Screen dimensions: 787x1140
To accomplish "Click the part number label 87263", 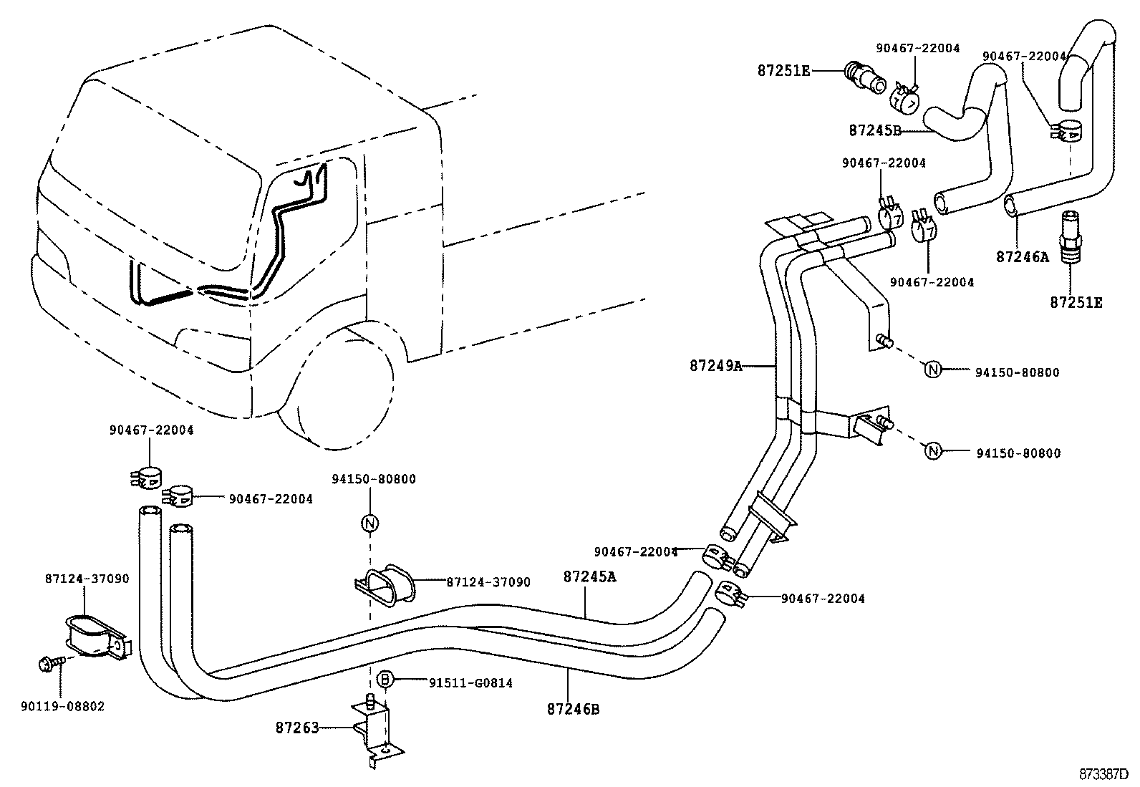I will pyautogui.click(x=296, y=728).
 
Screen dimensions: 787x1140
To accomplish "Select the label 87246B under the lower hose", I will pyautogui.click(x=573, y=710).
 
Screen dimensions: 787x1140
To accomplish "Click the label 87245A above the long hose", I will pyautogui.click(x=589, y=576).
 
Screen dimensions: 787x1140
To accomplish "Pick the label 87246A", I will pyautogui.click(x=1022, y=256).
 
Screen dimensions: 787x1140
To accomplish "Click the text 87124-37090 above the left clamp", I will pyautogui.click(x=86, y=578).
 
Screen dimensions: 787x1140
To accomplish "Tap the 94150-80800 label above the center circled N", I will pyautogui.click(x=373, y=479).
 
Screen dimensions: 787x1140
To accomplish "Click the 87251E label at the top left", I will pyautogui.click(x=784, y=70).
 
